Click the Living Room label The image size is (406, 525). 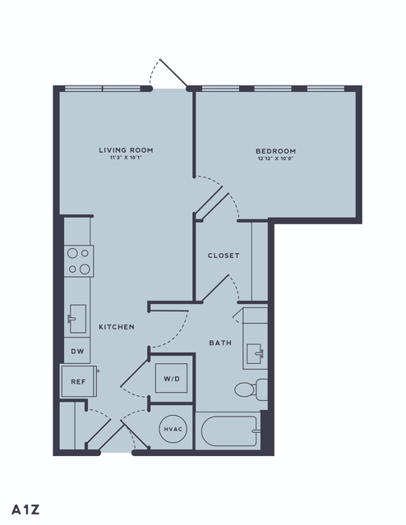(126, 150)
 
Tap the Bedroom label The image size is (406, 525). (275, 151)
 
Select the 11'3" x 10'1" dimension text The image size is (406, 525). (126, 158)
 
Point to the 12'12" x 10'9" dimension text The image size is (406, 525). (275, 159)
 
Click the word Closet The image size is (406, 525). (224, 256)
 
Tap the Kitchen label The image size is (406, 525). (117, 327)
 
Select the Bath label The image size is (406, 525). (220, 343)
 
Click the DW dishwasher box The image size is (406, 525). (77, 351)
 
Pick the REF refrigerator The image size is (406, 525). (79, 381)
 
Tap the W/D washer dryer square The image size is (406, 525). (171, 378)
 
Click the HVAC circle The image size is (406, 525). (173, 429)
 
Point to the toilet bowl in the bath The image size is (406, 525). (245, 389)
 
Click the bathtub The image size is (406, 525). (231, 431)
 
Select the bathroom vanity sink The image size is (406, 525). (255, 353)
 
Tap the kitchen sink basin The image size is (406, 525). (78, 319)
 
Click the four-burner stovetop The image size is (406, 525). (79, 261)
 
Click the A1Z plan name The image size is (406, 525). (25, 509)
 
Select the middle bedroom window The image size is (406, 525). (273, 89)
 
